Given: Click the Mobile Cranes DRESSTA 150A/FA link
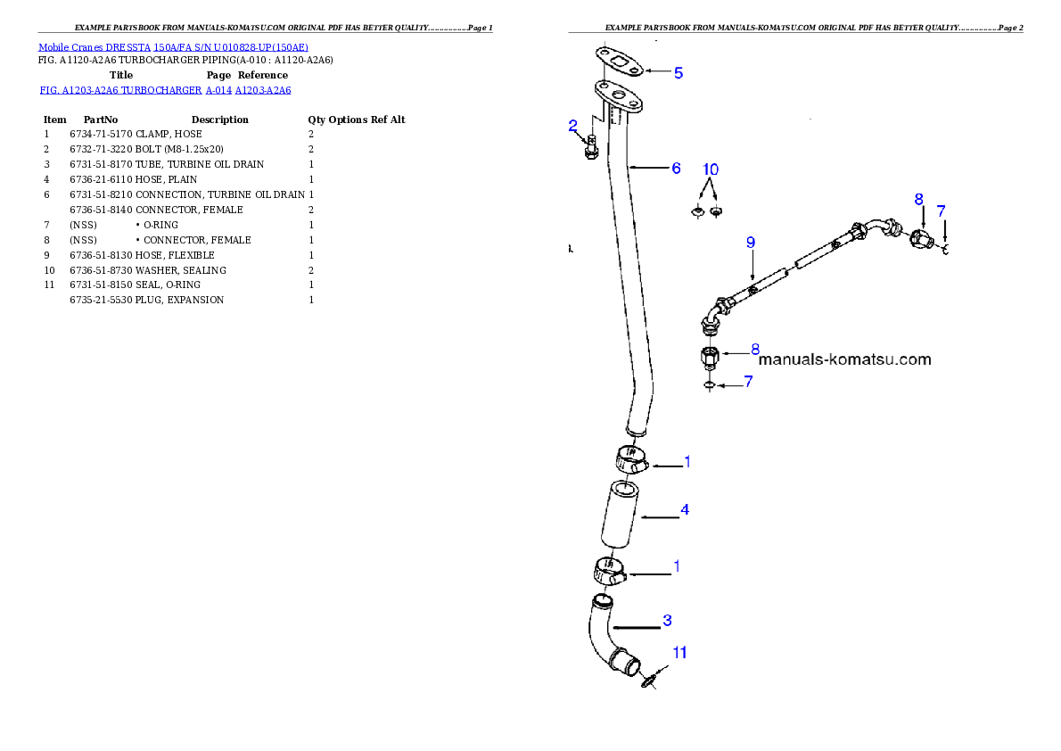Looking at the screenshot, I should (173, 47).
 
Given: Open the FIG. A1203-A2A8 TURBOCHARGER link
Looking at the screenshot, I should (166, 91).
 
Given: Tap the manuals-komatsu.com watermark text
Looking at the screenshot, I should (844, 360).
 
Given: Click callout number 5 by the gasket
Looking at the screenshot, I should (679, 73).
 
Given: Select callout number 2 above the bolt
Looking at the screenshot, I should (573, 126).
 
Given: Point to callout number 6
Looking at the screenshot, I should (676, 168).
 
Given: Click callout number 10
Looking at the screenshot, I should (710, 169).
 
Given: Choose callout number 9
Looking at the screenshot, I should (751, 242).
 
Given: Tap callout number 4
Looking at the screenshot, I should (685, 510).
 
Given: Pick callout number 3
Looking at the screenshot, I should (667, 619).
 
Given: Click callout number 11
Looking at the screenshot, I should (679, 653).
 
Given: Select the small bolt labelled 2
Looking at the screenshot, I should (591, 148).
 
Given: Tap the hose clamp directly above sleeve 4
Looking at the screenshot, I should (628, 461).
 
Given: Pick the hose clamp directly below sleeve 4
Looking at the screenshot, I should (609, 571).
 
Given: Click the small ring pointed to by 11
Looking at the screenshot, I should (648, 682).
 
